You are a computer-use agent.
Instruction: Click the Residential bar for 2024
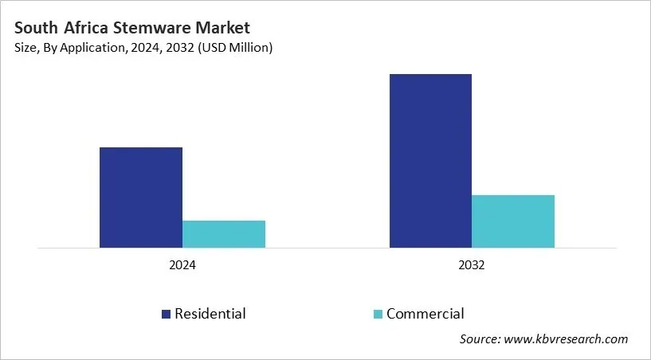tap(140, 198)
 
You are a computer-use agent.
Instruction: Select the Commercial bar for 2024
tap(223, 234)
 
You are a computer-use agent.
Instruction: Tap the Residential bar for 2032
tap(430, 161)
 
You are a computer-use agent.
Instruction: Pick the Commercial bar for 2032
tap(513, 221)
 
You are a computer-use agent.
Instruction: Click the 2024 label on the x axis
tap(182, 265)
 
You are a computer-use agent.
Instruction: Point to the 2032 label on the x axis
tap(472, 265)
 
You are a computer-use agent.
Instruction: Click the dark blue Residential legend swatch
tap(167, 314)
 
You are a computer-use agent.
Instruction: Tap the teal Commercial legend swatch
tap(378, 314)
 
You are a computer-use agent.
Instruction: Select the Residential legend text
tap(210, 314)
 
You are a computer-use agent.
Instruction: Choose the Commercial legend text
tap(425, 314)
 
